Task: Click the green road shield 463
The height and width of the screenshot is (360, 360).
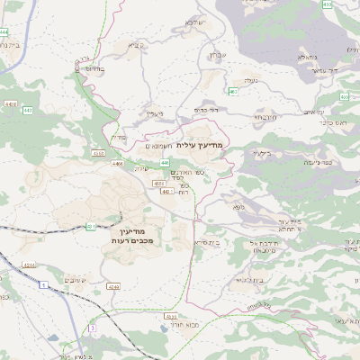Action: point(233,91)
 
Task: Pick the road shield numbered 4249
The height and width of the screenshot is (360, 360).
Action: point(112,286)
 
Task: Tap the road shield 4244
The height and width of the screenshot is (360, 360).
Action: point(29,265)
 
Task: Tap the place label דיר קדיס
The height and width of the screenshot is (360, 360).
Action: point(207,110)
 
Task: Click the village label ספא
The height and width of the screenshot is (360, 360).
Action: point(238,208)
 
